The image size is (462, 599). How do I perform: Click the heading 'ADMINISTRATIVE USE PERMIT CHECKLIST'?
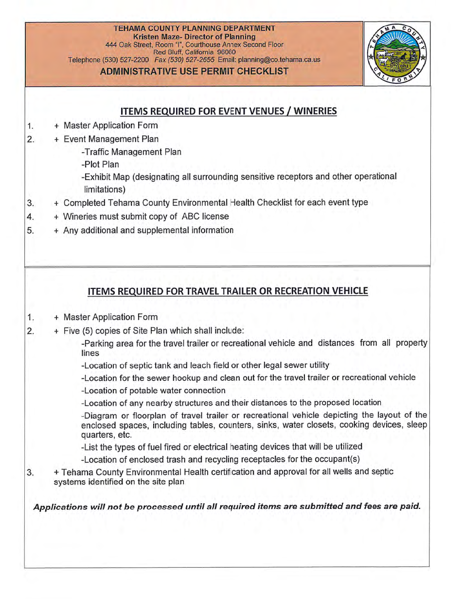click(x=194, y=72)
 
